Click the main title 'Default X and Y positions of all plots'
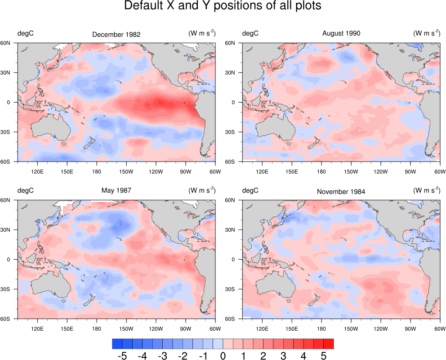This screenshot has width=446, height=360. [x=223, y=6]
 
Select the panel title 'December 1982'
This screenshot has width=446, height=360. [x=116, y=34]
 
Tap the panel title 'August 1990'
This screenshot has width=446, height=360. [x=341, y=33]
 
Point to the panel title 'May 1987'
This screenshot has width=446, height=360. [x=116, y=190]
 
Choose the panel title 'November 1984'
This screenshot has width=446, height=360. [x=341, y=191]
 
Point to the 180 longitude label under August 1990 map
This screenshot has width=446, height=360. [x=321, y=171]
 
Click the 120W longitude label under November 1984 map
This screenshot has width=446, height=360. [x=380, y=328]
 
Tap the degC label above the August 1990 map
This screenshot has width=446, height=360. [x=250, y=33]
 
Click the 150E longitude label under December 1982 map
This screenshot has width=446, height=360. [x=67, y=171]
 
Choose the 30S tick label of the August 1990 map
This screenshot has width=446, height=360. [x=236, y=132]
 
